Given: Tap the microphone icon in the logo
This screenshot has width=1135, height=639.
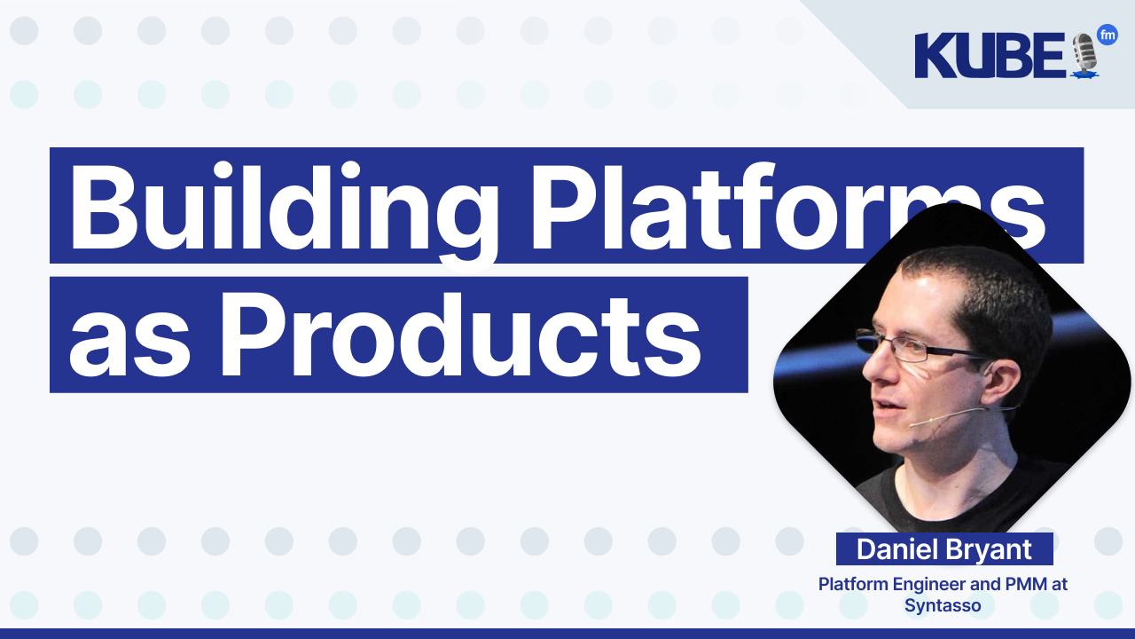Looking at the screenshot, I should [x=1084, y=55].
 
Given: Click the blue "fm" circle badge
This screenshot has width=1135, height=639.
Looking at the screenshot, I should [x=1107, y=35].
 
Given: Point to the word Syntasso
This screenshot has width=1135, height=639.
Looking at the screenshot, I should [x=943, y=606].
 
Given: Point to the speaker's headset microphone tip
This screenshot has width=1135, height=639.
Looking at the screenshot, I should [x=912, y=424].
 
